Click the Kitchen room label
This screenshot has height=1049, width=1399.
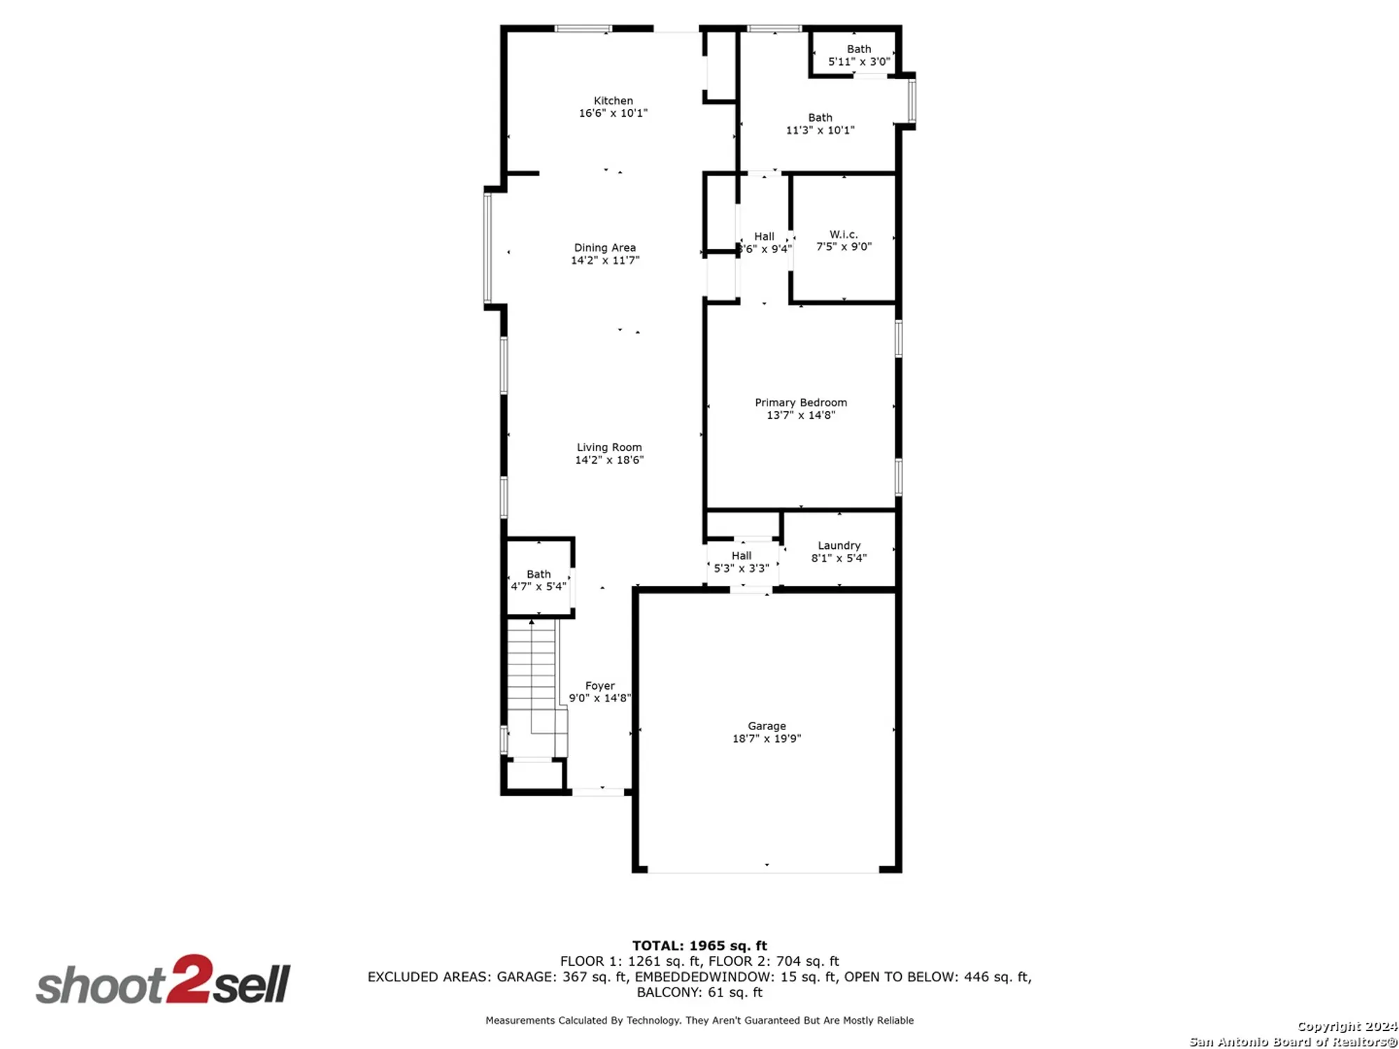coord(613,101)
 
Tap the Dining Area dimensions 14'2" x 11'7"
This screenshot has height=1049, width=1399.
coord(604,260)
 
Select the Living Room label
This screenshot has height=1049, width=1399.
coord(609,448)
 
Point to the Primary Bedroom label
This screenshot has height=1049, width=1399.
coord(800,403)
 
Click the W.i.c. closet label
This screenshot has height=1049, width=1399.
coord(843,235)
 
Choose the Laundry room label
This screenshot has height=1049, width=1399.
coord(839,545)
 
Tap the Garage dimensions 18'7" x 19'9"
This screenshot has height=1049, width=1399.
coord(766,738)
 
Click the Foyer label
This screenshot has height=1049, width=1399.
coord(599,686)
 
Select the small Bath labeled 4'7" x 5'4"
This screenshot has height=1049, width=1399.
coord(538,580)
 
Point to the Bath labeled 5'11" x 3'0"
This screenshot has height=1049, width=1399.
coord(858,55)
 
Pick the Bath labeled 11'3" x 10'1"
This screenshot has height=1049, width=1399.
coord(820,124)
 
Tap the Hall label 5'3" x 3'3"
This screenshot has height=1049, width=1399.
coord(741,562)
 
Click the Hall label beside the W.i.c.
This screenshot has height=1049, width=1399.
coord(764,237)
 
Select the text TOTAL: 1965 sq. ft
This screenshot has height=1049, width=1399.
coord(699,945)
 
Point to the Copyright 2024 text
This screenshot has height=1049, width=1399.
coord(1347,1026)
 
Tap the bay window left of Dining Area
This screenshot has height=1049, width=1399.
coord(488,248)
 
